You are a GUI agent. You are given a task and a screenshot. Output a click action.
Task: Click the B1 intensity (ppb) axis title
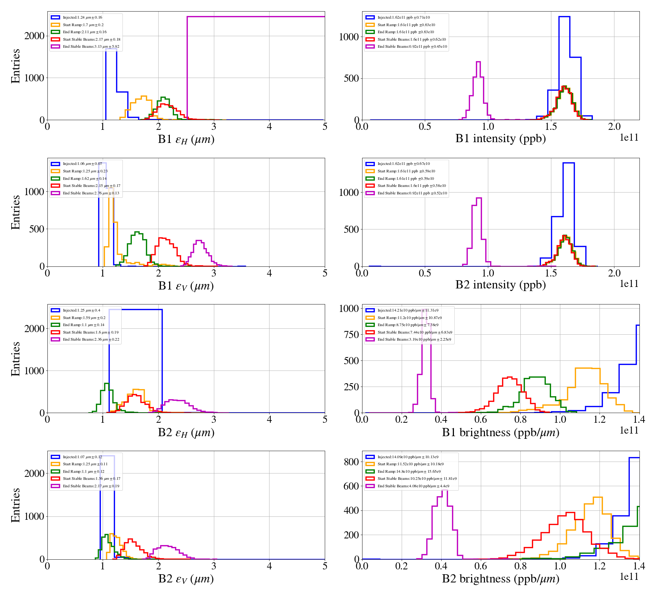click(x=500, y=138)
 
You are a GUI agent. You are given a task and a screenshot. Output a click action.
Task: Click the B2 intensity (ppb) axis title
click(x=500, y=285)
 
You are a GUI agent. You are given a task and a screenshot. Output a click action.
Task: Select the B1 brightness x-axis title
click(x=500, y=432)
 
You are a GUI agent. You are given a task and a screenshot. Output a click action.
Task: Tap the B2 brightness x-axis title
click(x=500, y=578)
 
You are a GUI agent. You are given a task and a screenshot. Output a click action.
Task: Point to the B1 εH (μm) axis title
click(x=186, y=139)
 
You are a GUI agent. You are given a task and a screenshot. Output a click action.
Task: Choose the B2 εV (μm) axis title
click(x=186, y=579)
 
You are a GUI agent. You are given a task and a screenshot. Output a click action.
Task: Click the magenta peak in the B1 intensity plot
click(x=478, y=62)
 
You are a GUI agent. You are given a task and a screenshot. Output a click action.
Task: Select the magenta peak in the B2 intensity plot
click(x=479, y=199)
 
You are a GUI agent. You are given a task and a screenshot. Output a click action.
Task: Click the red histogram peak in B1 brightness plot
click(x=510, y=377)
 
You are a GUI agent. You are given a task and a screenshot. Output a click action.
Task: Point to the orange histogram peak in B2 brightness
click(x=598, y=497)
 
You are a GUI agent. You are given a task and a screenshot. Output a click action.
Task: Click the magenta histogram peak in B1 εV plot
click(x=199, y=241)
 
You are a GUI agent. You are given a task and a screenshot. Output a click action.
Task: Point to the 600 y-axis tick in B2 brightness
click(x=351, y=486)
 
